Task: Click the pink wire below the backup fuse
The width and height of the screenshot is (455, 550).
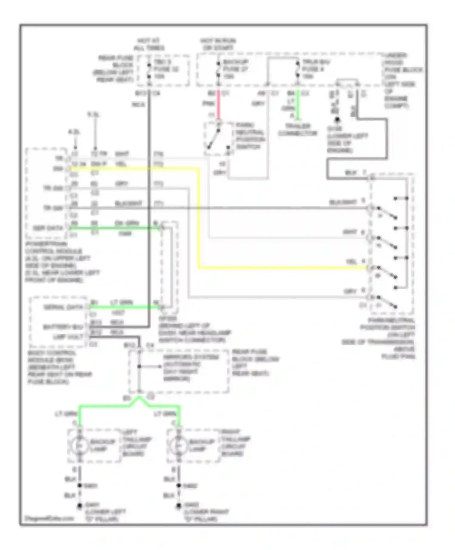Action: coord(218,105)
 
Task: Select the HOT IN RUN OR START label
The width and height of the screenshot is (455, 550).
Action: coord(218,44)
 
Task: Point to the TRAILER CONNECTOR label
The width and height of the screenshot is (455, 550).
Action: coord(297,130)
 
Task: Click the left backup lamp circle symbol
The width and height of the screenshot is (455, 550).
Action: coord(79,445)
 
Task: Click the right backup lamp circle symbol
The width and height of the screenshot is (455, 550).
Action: coord(179,445)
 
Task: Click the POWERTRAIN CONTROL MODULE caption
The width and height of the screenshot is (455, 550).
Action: coord(58,261)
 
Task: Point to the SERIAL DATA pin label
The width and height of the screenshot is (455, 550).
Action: coord(63,307)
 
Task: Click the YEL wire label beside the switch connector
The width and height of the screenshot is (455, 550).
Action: coord(351,262)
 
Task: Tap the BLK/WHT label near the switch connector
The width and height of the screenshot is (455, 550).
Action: coord(342,202)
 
